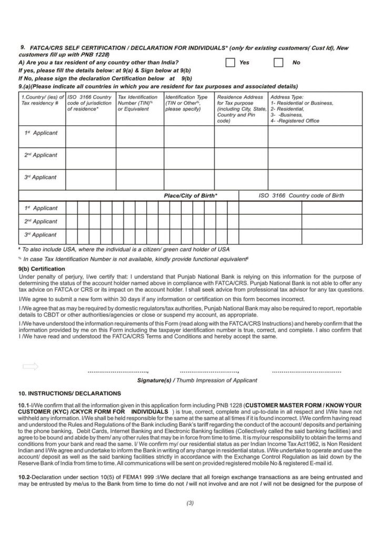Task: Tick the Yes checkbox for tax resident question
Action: pyautogui.click(x=230, y=63)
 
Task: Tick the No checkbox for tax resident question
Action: pyautogui.click(x=279, y=63)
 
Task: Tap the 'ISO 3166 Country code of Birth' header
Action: pyautogui.click(x=301, y=196)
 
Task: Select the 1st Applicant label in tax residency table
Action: pyautogui.click(x=41, y=133)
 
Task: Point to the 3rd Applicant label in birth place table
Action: pyautogui.click(x=41, y=235)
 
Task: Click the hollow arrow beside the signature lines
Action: pyautogui.click(x=31, y=366)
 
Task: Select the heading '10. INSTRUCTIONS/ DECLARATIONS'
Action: pyautogui.click(x=69, y=393)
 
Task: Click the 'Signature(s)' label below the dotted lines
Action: pyautogui.click(x=154, y=381)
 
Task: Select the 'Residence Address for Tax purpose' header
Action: pyautogui.click(x=240, y=109)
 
